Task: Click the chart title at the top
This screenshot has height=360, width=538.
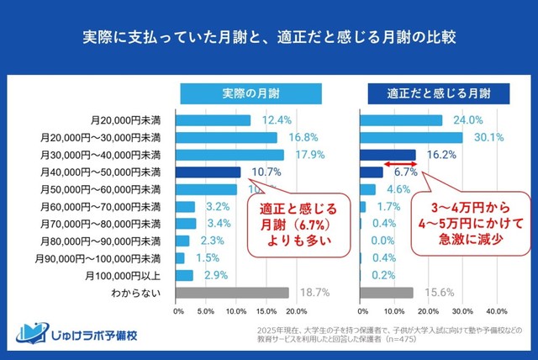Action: [x=269, y=37]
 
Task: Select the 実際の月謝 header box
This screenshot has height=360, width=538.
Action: [x=235, y=93]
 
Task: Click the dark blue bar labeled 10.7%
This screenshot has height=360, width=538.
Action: [x=209, y=172]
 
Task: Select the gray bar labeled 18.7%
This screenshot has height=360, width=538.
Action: [x=233, y=293]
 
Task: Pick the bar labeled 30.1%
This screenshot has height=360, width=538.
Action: [x=411, y=137]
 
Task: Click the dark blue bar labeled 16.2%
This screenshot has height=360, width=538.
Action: [x=388, y=155]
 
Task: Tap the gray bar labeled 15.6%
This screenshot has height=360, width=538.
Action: [x=387, y=293]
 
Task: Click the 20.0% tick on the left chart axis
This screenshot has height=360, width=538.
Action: [x=296, y=310]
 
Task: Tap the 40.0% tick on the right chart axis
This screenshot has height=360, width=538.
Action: [x=497, y=310]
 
